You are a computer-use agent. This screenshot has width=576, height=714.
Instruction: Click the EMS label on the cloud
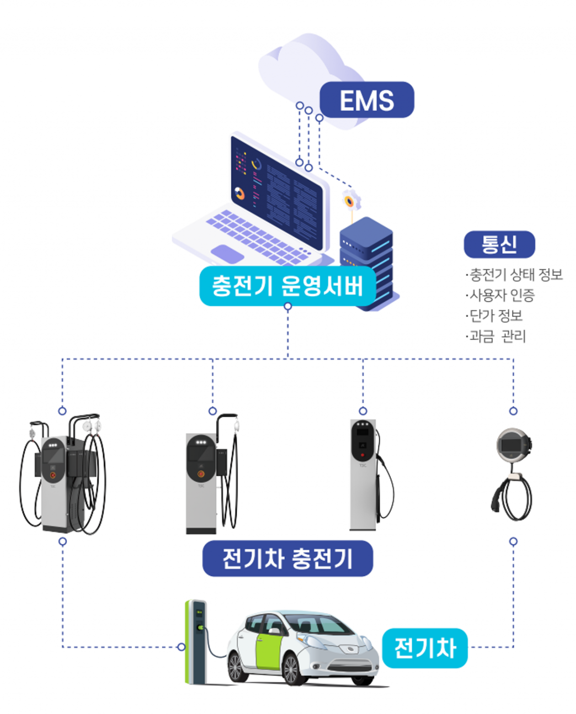point(366,100)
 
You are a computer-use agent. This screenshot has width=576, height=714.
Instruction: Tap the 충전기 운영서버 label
point(288,286)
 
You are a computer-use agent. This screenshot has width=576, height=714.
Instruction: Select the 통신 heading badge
point(499,245)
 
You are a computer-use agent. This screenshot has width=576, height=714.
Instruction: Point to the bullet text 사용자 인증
point(502,295)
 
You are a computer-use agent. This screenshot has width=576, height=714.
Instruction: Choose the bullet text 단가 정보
point(496,315)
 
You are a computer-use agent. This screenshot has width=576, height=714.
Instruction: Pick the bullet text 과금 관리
point(498,336)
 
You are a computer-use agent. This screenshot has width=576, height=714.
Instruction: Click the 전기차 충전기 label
point(288,558)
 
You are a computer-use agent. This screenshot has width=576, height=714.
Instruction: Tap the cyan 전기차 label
point(425,648)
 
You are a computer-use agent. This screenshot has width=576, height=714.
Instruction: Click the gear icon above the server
point(351,201)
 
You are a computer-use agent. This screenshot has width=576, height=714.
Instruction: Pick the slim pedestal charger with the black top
point(363,474)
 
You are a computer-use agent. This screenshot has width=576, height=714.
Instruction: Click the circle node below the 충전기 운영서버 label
point(288,306)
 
